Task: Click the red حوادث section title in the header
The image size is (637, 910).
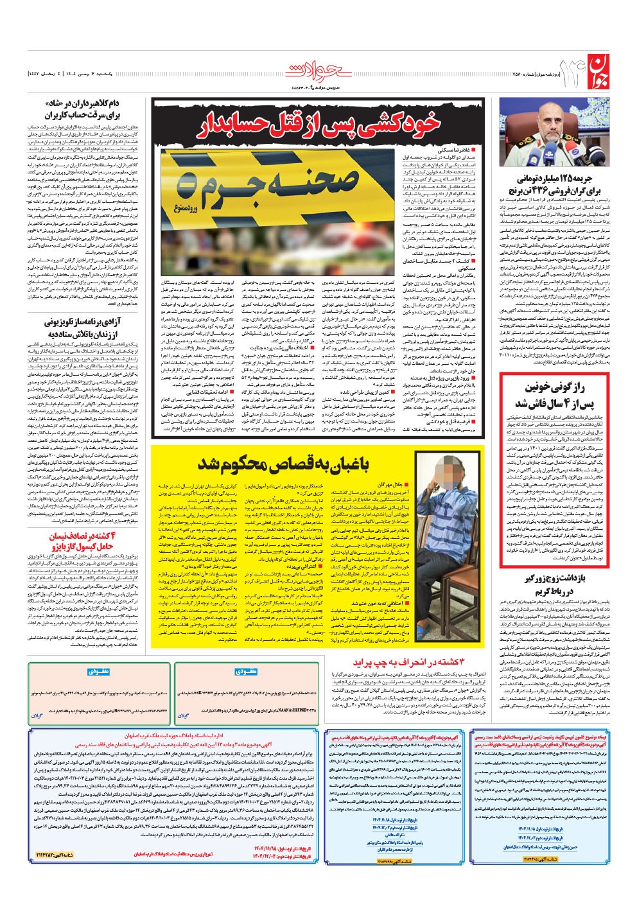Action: (x=318, y=70)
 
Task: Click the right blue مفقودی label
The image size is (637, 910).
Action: (x=246, y=672)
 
